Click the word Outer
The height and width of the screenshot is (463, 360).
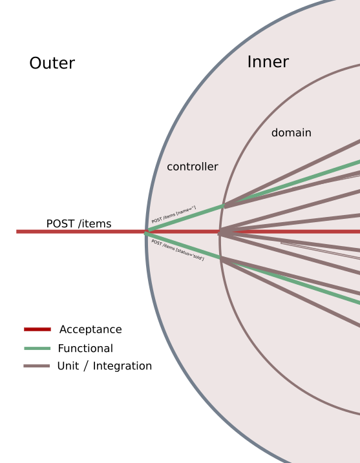point(52,63)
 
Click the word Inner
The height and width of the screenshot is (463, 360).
point(268,62)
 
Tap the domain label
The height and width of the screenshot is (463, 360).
point(291,132)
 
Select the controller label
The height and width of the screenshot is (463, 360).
point(193,167)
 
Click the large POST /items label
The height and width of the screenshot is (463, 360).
point(79,223)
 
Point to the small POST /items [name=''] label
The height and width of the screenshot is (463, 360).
point(174,214)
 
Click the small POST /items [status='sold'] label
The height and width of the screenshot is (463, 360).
point(178,249)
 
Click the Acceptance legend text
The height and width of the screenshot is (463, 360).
point(90,329)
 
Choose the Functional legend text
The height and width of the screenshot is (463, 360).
point(85,348)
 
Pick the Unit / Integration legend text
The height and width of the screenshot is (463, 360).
point(105,366)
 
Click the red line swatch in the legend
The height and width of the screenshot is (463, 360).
point(37,329)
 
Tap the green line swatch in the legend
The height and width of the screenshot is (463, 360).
point(37,348)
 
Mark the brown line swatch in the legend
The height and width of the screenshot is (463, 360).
point(37,366)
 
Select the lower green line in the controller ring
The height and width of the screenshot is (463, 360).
point(184,245)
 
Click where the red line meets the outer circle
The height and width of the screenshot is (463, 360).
point(147,231)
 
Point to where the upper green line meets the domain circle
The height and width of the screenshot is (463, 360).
point(224,206)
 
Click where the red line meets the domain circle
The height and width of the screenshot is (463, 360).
point(219,231)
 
